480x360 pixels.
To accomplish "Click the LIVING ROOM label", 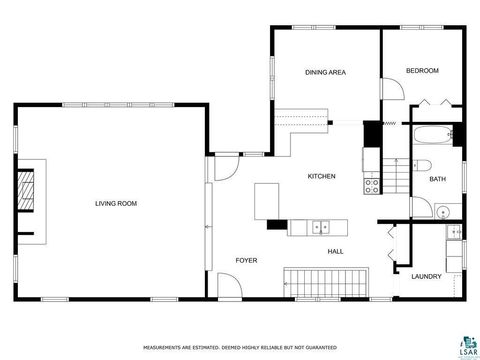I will (116, 204).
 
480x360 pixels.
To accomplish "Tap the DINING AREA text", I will (325, 72).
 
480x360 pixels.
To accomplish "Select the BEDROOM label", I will (422, 71).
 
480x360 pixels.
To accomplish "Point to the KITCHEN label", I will (321, 177).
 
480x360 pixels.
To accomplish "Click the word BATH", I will (437, 180).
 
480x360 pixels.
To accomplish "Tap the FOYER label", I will (246, 260).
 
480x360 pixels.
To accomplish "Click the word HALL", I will (336, 251).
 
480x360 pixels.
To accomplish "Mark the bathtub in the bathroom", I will (432, 135).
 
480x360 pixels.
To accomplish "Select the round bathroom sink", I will (443, 210).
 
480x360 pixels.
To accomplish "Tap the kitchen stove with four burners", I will (371, 182).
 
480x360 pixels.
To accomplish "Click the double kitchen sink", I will (319, 227).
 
